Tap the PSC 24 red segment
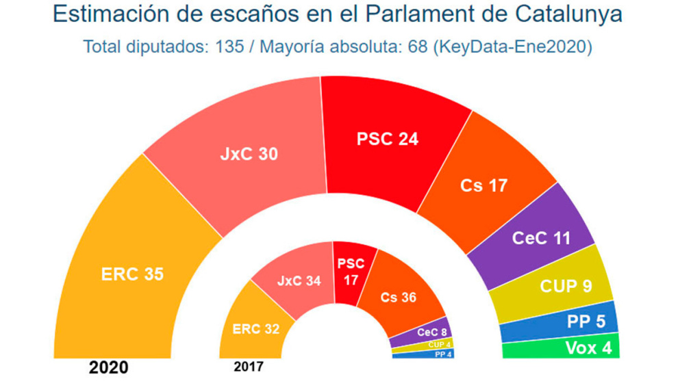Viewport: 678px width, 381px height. (387, 139)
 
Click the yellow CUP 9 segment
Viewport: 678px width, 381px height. (564, 286)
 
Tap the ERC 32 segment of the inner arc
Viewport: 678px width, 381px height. (255, 328)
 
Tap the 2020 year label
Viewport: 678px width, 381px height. (108, 368)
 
